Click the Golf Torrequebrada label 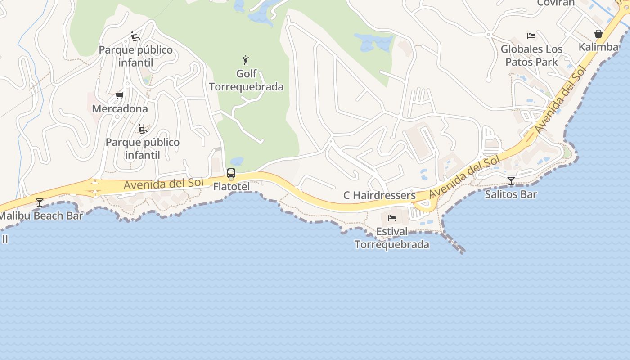pyautogui.click(x=246, y=80)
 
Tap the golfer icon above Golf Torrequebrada pyautogui.click(x=246, y=60)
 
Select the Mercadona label pyautogui.click(x=120, y=108)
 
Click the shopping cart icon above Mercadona pyautogui.click(x=120, y=95)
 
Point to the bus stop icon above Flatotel pyautogui.click(x=231, y=173)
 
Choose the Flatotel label pyautogui.click(x=231, y=186)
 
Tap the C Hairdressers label pyautogui.click(x=379, y=195)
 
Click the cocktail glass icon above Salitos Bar pyautogui.click(x=511, y=181)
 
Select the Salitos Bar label pyautogui.click(x=511, y=194)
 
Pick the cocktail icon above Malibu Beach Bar pyautogui.click(x=40, y=202)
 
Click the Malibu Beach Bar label pyautogui.click(x=41, y=216)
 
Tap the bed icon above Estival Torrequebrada pyautogui.click(x=392, y=218)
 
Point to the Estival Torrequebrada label pyautogui.click(x=392, y=238)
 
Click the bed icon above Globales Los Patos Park pyautogui.click(x=531, y=36)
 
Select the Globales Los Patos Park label pyautogui.click(x=531, y=55)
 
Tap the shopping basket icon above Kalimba pyautogui.click(x=598, y=34)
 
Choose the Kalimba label pyautogui.click(x=598, y=47)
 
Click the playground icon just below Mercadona pyautogui.click(x=143, y=129)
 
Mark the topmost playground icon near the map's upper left pyautogui.click(x=135, y=36)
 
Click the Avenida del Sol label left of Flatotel pyautogui.click(x=164, y=184)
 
